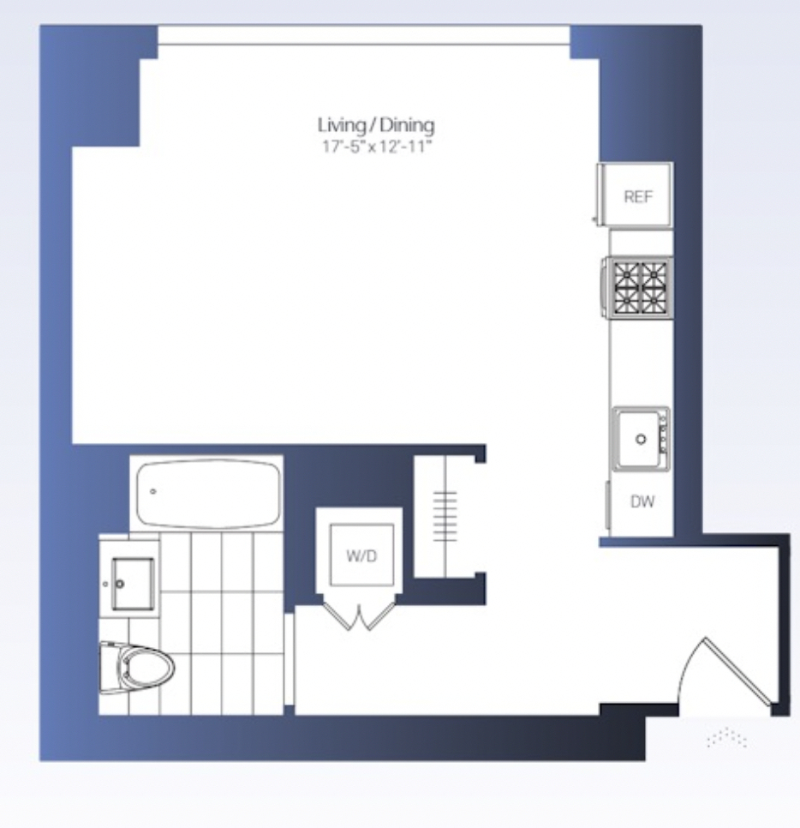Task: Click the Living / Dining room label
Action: coord(376,125)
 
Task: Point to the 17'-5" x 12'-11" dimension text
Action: coord(377,147)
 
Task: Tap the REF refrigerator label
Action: coord(638,197)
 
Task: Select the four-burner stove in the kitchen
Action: coord(638,287)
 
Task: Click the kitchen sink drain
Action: coord(641,439)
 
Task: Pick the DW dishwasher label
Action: coord(642,501)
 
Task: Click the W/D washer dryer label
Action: coord(361,555)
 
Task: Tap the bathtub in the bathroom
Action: coord(207,494)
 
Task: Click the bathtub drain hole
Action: coord(153,492)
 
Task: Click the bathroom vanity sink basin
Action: coord(133,584)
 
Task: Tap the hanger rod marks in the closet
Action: coord(445,517)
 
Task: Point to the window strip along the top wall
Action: coord(363,36)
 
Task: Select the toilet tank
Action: coord(108,668)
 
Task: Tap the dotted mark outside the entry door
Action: coord(726,738)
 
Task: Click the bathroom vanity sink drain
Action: coord(120,584)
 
